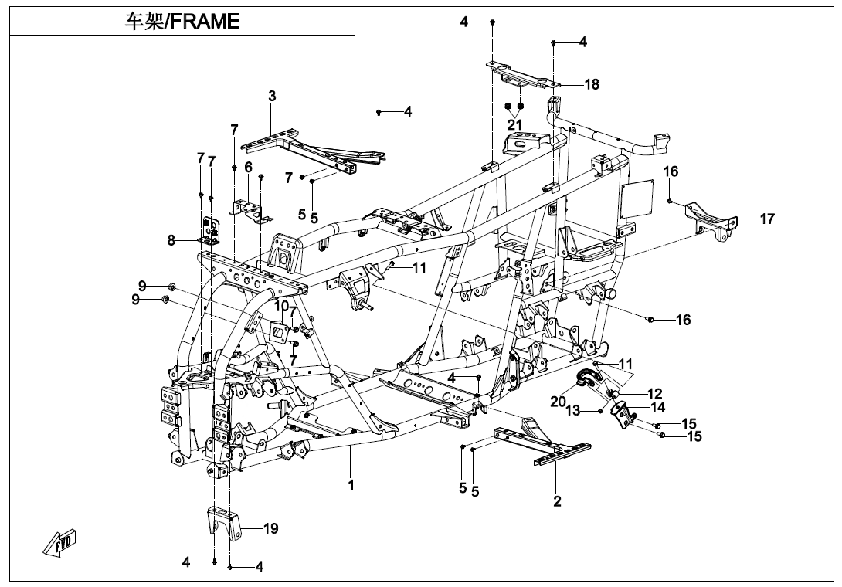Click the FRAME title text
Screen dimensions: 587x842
(182, 21)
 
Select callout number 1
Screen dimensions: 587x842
(351, 486)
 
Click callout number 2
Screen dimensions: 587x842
(557, 501)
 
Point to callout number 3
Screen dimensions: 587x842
(272, 96)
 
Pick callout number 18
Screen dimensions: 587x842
(592, 84)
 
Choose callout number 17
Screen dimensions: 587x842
(766, 219)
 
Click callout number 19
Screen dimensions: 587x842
(270, 529)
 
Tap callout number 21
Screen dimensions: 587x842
(514, 124)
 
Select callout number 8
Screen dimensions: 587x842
(171, 240)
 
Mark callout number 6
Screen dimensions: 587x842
(248, 167)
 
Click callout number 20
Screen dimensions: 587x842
(559, 401)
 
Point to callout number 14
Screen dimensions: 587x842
(657, 407)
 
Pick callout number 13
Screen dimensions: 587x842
(572, 411)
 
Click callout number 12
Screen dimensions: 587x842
(654, 394)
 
